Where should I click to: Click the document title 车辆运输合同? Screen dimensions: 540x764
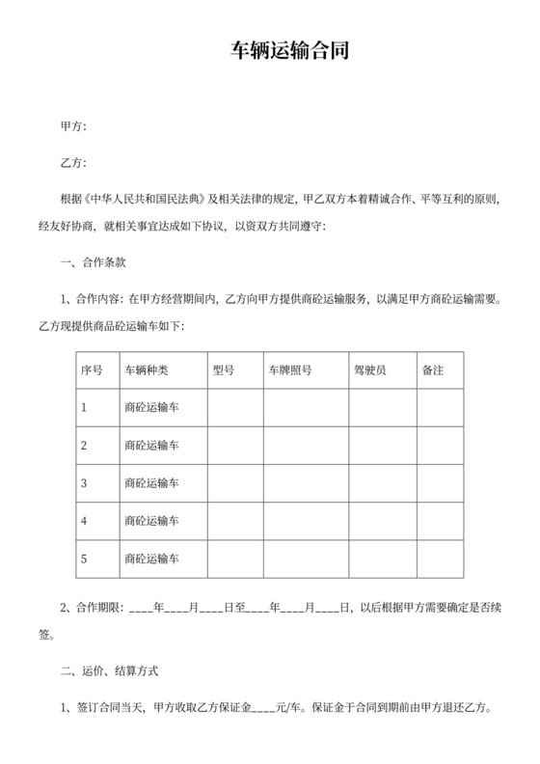[x=269, y=50]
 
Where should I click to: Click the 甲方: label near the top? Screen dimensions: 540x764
[x=74, y=126]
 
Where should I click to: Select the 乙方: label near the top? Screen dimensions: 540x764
[x=74, y=162]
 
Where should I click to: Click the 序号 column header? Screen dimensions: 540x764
[x=92, y=370]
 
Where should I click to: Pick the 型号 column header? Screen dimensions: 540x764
[x=224, y=370]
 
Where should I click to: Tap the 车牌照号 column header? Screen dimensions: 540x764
[x=290, y=370]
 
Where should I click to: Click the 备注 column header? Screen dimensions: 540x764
[x=433, y=370]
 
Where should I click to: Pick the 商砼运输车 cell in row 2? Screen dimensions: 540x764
[x=152, y=445]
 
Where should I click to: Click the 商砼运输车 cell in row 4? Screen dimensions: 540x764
[x=152, y=520]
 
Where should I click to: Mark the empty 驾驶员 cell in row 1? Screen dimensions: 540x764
[x=382, y=407]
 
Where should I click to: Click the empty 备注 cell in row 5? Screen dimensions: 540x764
[x=440, y=558]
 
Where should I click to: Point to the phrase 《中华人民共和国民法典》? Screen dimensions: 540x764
[x=146, y=201]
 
